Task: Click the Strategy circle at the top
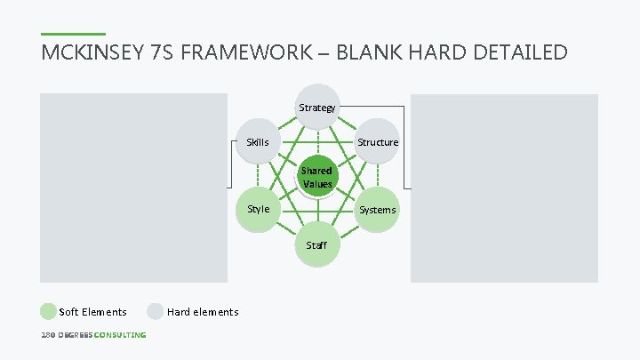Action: pyautogui.click(x=317, y=108)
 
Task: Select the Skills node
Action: pyautogui.click(x=258, y=142)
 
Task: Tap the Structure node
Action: pyautogui.click(x=378, y=142)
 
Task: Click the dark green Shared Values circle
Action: pyautogui.click(x=316, y=177)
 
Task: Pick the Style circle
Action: pyautogui.click(x=258, y=209)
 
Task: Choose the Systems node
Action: pyautogui.click(x=377, y=210)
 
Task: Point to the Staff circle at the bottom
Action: pyautogui.click(x=316, y=244)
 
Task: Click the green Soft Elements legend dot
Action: pyautogui.click(x=48, y=311)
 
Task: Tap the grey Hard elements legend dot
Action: pyautogui.click(x=156, y=311)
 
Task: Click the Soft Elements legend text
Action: pyautogui.click(x=92, y=312)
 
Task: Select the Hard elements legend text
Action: pyautogui.click(x=203, y=312)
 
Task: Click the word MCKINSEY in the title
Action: pyautogui.click(x=96, y=52)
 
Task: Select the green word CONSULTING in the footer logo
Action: pyautogui.click(x=120, y=335)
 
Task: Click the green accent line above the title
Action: pyautogui.click(x=73, y=35)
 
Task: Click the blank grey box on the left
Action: pyautogui.click(x=132, y=188)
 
